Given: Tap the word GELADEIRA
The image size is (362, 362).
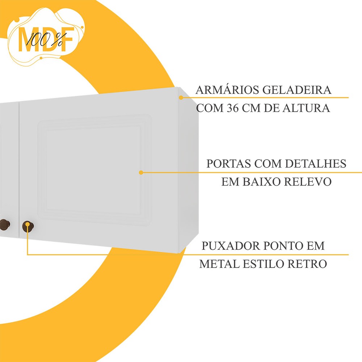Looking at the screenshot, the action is coord(297,90).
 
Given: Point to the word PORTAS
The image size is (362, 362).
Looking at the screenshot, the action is coord(228,164).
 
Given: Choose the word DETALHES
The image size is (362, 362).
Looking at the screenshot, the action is coord(316,164).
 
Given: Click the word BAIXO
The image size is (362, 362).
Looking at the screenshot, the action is coord(261,182).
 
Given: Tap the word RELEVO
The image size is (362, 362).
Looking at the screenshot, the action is coord(308,182).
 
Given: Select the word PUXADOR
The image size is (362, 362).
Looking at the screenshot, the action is coord(231,246).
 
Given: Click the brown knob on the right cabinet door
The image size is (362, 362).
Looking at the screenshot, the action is coord(28,227).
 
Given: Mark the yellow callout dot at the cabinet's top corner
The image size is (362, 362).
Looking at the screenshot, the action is coord(181,98).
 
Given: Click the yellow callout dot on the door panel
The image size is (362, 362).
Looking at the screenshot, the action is coord(141,172).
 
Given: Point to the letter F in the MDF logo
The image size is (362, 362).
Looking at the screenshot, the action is coord(67,39).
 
